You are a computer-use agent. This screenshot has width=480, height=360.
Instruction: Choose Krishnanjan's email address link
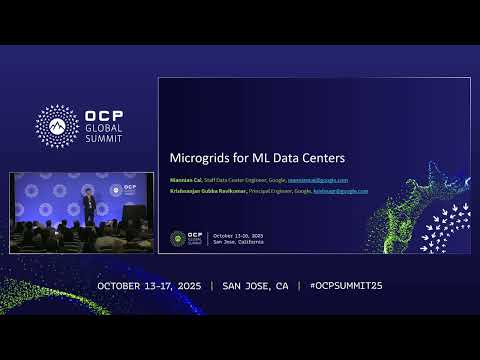point(341,190)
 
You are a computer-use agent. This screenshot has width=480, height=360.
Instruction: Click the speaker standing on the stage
point(90,206)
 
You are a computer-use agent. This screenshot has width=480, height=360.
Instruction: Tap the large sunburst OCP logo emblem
point(58,125)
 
